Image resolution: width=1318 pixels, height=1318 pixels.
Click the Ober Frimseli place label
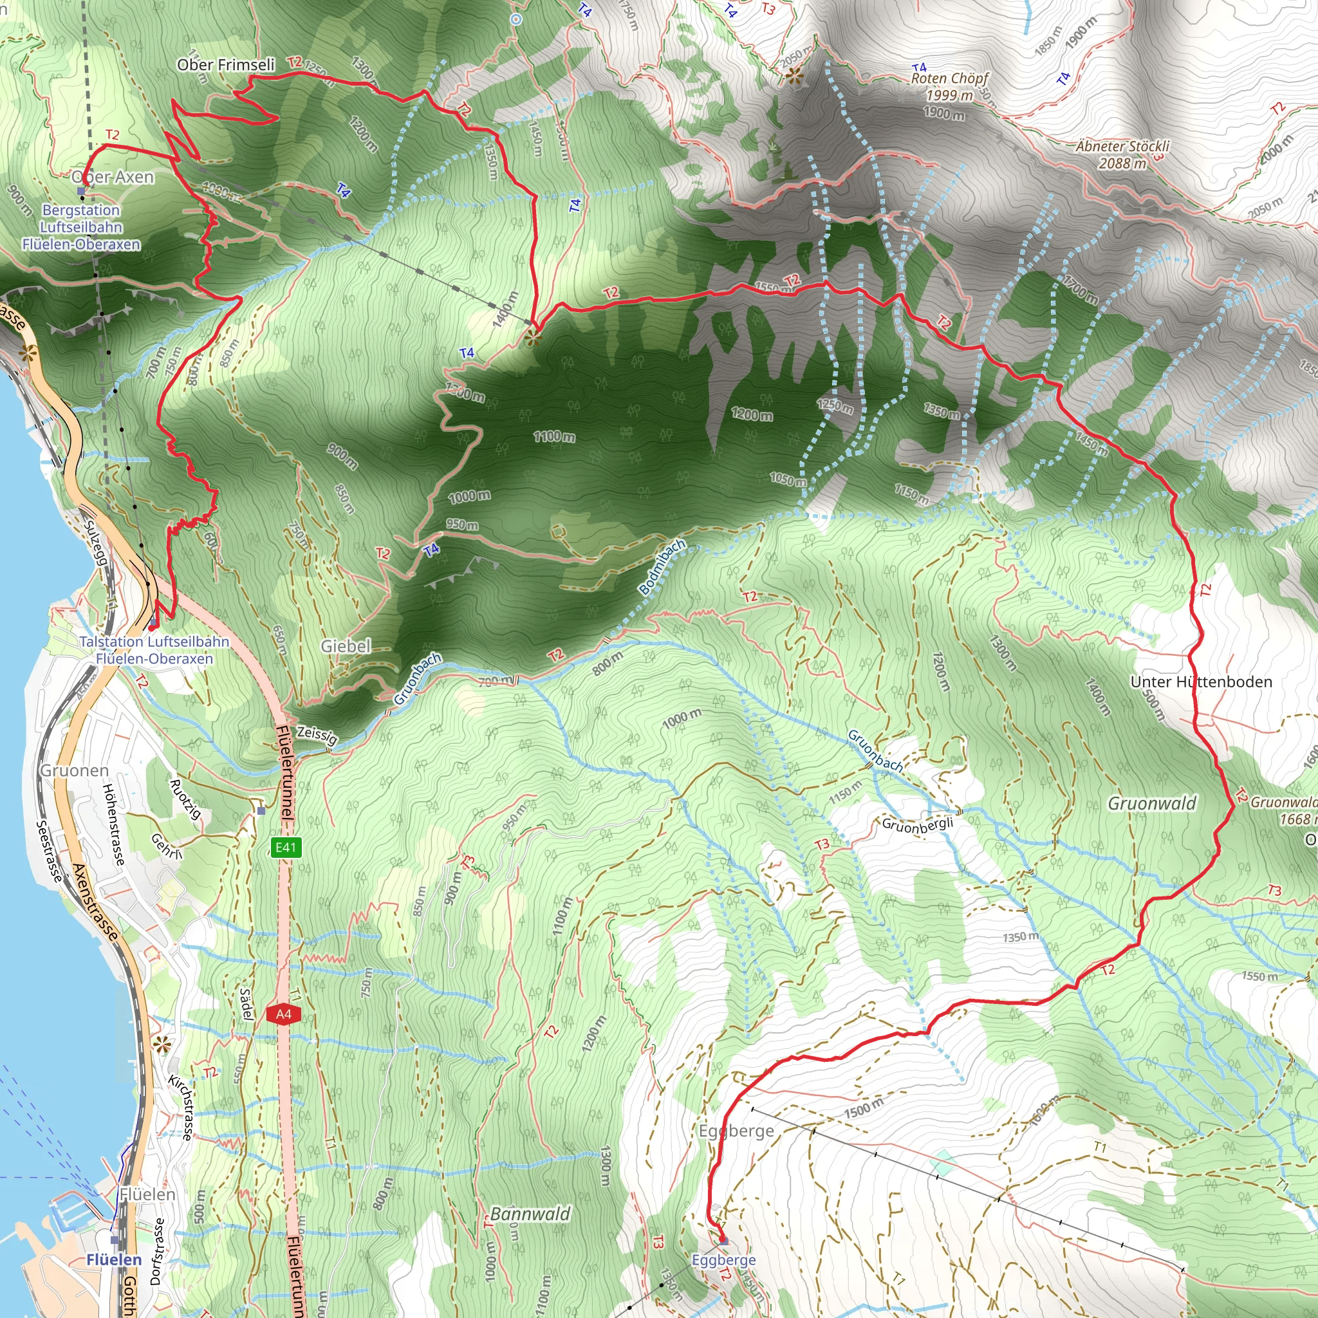coord(226,65)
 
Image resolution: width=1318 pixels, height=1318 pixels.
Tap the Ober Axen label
coord(113,177)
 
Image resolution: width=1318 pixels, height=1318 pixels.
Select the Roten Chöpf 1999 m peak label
coord(950,87)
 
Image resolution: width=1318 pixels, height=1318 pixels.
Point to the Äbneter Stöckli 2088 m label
coord(1122,154)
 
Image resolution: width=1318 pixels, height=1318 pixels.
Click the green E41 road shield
coord(285,848)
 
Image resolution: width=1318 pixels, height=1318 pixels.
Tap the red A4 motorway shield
coord(284,1014)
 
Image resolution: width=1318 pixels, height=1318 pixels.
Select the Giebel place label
coord(346,645)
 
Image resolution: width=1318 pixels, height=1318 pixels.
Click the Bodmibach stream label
coord(662,567)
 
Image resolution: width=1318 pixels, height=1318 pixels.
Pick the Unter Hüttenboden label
coord(1201,682)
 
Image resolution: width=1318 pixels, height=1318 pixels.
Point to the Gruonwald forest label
coord(1151,804)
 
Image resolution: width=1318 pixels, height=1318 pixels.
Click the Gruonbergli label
coord(917,825)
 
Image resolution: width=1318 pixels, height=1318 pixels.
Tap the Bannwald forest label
coord(530,1214)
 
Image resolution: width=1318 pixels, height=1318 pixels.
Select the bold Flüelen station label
coord(114,1259)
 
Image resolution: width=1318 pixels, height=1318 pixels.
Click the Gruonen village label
coord(75,770)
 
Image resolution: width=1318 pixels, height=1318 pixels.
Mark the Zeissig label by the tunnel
coord(317,735)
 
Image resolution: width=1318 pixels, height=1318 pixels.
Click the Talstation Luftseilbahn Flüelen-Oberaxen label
coord(154,650)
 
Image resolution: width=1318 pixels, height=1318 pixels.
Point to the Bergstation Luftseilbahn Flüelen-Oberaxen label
coord(81,227)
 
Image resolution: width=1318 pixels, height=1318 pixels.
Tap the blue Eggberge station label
coord(723,1259)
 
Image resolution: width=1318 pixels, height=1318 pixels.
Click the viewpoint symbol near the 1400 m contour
coord(533,337)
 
